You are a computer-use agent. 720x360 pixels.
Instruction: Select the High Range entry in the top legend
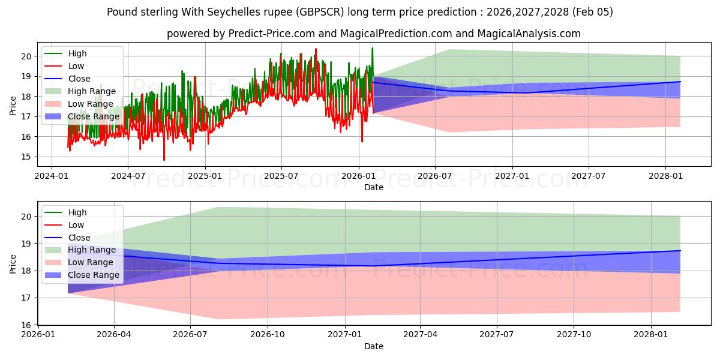(92, 91)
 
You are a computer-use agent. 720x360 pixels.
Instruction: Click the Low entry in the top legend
(76, 66)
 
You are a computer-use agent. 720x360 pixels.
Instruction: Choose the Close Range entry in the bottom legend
(94, 275)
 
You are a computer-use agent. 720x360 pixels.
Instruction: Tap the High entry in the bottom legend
(77, 212)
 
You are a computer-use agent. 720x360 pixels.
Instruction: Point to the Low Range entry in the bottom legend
(91, 262)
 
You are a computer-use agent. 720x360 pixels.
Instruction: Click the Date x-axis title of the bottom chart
(374, 346)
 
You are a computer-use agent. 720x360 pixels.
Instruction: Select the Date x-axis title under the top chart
(374, 187)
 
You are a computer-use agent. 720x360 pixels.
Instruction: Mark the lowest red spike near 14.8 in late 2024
(164, 160)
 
